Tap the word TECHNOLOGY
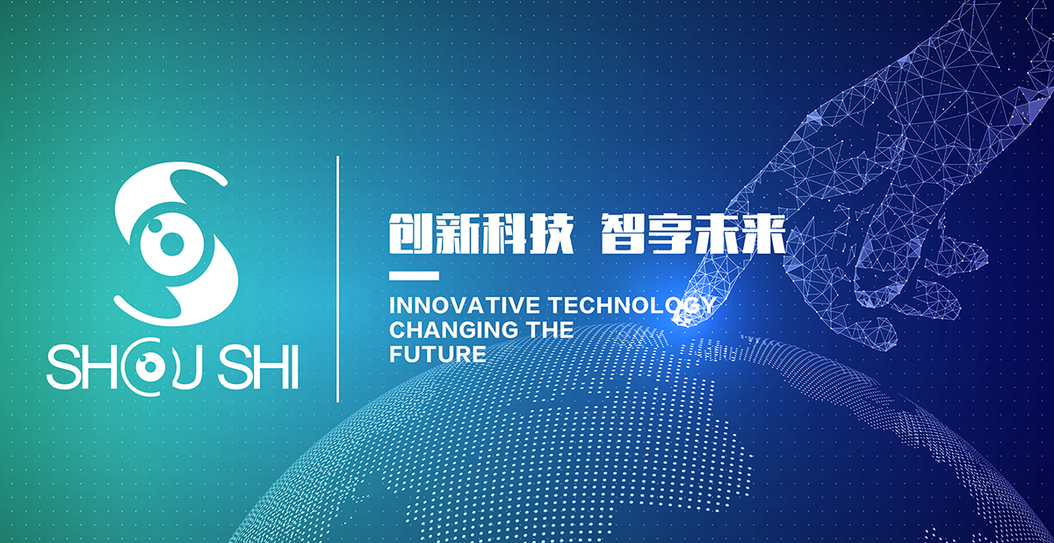pos(633,306)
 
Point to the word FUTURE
pos(437,354)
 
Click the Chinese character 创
pos(410,234)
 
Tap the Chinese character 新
pos(458,234)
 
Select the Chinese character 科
pos(504,234)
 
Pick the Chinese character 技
pos(552,234)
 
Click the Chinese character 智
pos(623,234)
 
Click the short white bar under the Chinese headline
pos(414,276)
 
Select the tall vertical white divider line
pos(337,279)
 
